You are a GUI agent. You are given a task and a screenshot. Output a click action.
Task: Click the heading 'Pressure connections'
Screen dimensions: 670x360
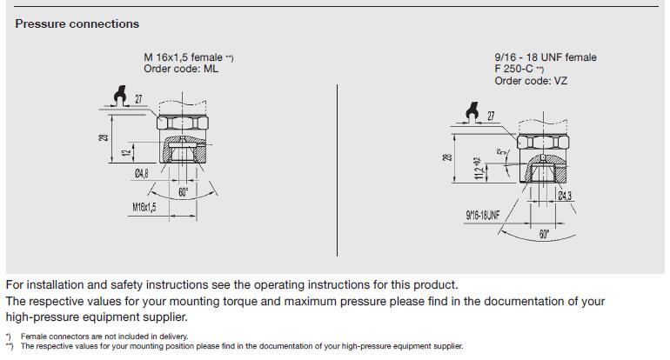77,24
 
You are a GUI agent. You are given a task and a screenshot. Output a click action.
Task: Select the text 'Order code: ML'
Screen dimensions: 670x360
181,69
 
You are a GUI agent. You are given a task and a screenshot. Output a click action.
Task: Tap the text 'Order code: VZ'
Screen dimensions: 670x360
531,81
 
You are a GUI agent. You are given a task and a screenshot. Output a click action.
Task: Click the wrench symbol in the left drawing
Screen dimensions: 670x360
120,96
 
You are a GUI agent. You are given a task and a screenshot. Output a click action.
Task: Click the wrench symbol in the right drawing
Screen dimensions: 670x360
472,113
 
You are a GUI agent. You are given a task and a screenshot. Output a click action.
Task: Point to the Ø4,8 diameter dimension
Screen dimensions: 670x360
142,173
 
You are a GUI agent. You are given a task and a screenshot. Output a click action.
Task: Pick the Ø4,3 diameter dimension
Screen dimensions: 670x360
565,196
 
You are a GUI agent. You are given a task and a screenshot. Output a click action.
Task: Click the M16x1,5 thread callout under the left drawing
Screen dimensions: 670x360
144,208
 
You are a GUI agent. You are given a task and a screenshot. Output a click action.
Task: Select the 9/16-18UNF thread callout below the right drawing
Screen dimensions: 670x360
482,216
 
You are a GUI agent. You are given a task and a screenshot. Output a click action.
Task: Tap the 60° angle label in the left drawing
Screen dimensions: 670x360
183,192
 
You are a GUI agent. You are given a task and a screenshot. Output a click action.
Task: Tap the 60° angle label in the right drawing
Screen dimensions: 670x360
544,234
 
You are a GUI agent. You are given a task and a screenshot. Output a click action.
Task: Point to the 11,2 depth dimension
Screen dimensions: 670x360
479,168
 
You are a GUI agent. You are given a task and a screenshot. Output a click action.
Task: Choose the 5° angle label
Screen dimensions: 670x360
502,152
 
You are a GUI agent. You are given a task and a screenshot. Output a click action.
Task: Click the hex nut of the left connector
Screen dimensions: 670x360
183,123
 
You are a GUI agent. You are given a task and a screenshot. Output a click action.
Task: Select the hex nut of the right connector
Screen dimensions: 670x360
543,142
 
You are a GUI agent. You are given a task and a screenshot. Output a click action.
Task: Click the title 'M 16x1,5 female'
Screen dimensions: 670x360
183,57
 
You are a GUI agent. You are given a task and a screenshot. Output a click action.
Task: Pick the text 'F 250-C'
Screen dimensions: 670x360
513,69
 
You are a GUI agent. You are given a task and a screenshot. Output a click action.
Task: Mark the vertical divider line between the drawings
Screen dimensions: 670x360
337,170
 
